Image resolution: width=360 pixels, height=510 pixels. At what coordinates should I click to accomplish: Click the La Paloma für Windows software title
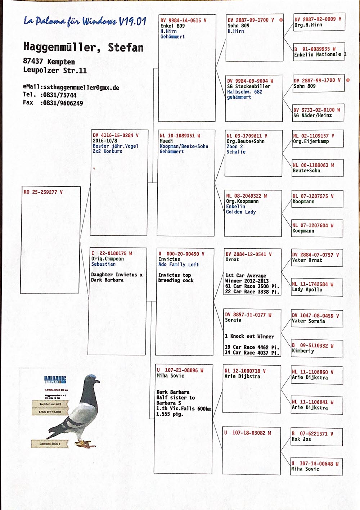pyautogui.click(x=85, y=21)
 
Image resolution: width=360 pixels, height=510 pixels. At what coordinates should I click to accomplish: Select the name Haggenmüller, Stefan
pyautogui.click(x=83, y=47)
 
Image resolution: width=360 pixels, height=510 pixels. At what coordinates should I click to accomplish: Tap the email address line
pyautogui.click(x=71, y=87)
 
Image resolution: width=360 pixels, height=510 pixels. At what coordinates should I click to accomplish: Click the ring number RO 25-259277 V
pyautogui.click(x=43, y=192)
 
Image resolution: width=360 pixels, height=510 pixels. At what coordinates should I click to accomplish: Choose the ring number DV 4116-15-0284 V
pyautogui.click(x=116, y=136)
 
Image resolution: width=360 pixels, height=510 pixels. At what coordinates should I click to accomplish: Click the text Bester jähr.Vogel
pyautogui.click(x=115, y=146)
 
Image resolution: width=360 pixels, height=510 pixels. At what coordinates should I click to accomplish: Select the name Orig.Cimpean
pyautogui.click(x=107, y=259)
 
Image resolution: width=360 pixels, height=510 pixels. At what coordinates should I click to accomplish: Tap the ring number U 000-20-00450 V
pyautogui.click(x=181, y=254)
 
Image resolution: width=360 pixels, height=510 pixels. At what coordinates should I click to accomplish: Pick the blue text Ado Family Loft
pyautogui.click(x=179, y=265)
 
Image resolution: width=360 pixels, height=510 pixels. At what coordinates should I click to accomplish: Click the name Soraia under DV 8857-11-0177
pyautogui.click(x=233, y=320)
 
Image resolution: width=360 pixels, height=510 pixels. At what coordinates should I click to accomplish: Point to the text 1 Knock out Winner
pyautogui.click(x=249, y=337)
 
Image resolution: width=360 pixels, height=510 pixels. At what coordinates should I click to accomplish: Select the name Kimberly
pyautogui.click(x=303, y=351)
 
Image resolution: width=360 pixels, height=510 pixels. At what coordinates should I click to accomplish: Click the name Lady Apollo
pyautogui.click(x=307, y=290)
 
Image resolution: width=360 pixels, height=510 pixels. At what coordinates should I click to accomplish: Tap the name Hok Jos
pyautogui.click(x=301, y=439)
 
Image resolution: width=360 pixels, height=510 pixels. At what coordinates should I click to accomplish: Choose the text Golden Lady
pyautogui.click(x=241, y=212)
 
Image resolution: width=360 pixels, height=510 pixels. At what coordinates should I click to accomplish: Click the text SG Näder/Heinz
pyautogui.click(x=312, y=116)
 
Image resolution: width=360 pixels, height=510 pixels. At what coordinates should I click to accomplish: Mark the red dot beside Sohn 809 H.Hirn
pyautogui.click(x=281, y=20)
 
